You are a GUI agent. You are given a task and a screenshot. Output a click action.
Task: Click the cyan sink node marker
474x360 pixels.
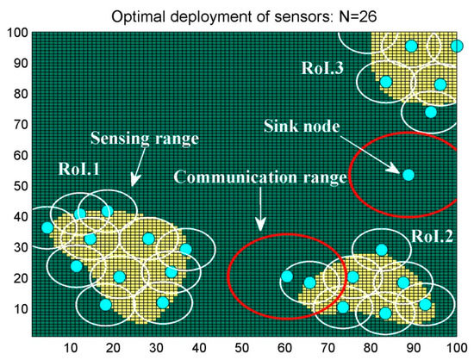pos(409,175)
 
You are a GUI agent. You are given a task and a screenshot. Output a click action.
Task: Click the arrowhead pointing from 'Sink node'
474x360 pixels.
pos(395,169)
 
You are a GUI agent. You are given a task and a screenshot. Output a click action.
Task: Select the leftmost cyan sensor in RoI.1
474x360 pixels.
pos(47,227)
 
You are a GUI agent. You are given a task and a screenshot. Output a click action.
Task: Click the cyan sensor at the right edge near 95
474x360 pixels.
pos(457,46)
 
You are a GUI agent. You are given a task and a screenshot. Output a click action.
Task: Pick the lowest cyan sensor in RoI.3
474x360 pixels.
pos(431,112)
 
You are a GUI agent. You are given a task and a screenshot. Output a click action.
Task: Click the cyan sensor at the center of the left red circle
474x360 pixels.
pos(287,276)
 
